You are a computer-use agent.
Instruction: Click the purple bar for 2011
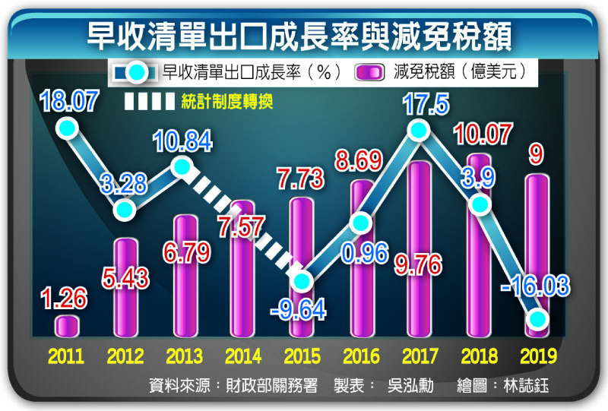point(67,325)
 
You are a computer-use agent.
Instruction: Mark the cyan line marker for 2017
point(419,131)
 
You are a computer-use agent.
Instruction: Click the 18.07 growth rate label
point(69,102)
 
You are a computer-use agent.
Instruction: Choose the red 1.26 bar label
point(65,297)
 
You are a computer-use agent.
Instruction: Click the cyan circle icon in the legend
point(136,73)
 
